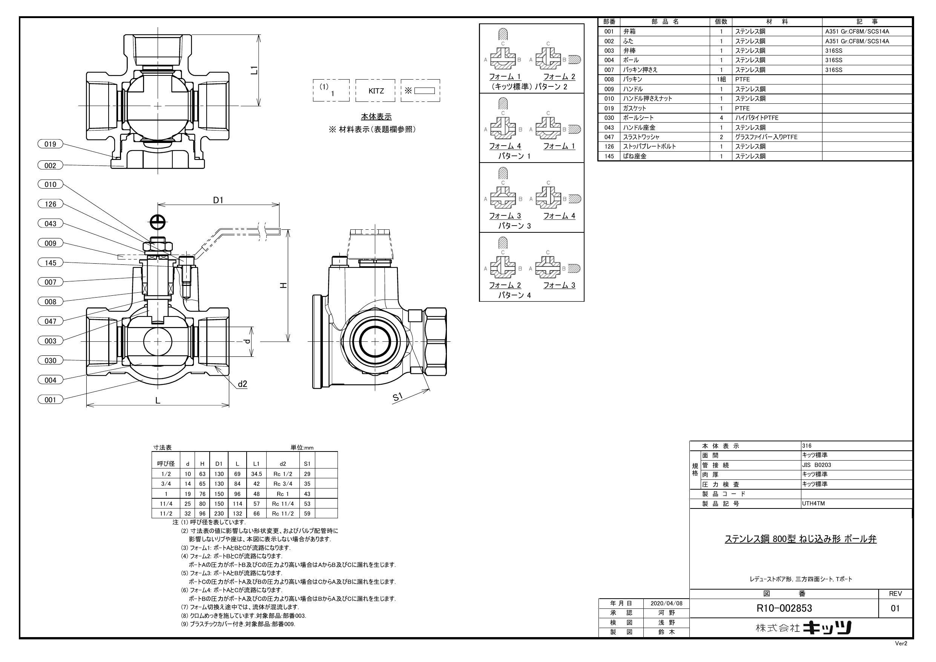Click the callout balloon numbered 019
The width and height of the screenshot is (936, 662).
click(x=50, y=144)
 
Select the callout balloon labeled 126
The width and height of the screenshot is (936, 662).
click(x=50, y=204)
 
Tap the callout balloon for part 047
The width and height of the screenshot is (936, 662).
click(x=50, y=321)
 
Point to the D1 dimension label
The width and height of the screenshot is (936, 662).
click(x=218, y=200)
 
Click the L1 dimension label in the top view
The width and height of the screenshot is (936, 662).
click(x=254, y=70)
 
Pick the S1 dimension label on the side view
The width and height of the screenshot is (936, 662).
click(x=398, y=397)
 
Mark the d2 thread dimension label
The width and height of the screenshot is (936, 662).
click(x=242, y=384)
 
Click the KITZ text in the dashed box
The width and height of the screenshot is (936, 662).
click(x=376, y=91)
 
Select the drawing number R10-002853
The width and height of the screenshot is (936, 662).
click(x=784, y=608)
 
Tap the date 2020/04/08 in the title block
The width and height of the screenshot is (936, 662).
click(x=666, y=603)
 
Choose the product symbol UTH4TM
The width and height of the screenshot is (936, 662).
click(x=813, y=503)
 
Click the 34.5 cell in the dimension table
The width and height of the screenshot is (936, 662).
click(x=256, y=474)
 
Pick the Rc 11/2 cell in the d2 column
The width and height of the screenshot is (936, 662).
click(x=282, y=513)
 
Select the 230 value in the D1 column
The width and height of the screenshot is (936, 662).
click(x=219, y=513)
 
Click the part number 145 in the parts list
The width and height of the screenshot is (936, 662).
click(x=609, y=156)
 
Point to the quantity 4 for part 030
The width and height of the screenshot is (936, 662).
click(x=721, y=118)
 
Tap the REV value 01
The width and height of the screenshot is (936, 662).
click(x=895, y=608)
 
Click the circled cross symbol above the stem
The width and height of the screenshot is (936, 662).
click(x=157, y=222)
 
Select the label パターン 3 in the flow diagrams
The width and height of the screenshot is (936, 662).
click(x=514, y=226)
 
